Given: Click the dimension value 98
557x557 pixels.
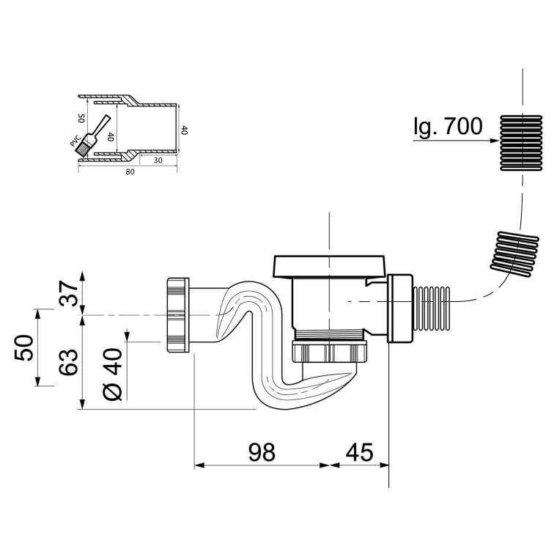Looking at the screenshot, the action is pos(262,453).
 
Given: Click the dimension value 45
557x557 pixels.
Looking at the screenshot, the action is pos(360,453).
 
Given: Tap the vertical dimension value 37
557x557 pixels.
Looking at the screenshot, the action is pos(68,293).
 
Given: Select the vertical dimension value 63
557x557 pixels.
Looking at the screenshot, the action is pos(68,362).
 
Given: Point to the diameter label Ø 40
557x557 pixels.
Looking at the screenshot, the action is pos(113,375).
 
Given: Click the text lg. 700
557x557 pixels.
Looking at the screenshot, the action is pos(449,126).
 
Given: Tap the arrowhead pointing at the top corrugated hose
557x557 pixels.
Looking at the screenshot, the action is pos(495,140).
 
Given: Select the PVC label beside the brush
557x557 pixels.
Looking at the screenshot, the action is pos(75,141).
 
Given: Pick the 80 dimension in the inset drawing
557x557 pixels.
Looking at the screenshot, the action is pos(130,172).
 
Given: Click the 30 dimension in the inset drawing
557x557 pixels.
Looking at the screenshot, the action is pos(158,161).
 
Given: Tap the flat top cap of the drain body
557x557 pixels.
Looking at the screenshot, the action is pos(328,266).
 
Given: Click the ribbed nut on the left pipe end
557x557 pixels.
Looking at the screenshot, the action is pos(177,315).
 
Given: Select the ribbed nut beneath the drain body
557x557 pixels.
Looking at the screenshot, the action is pos(329,351).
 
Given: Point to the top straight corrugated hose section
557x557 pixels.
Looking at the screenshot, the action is pos(521,142).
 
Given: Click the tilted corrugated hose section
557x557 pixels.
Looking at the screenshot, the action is pos(514,254).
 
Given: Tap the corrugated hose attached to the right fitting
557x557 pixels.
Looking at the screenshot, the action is pos(432,308).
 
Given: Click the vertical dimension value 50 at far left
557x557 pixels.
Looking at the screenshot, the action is pos(24,347).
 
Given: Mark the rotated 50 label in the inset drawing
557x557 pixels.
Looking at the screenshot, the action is pos(81,118).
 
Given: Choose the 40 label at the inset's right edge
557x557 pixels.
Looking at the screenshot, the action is pos(185,130).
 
